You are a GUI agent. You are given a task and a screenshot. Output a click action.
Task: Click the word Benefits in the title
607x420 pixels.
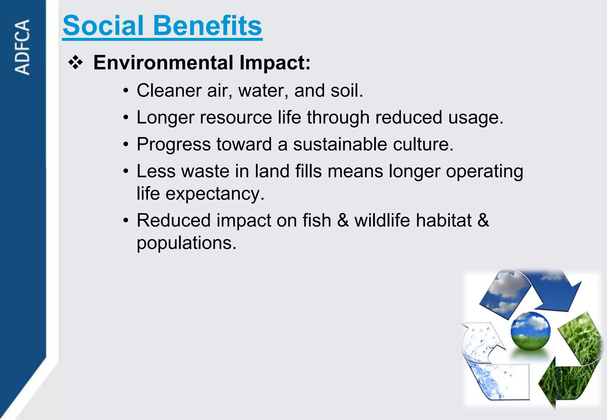(x=207, y=26)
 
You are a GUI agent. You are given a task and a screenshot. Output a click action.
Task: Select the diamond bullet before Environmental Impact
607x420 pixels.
(x=76, y=62)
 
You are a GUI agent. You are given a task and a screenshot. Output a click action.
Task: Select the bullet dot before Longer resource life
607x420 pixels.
(x=126, y=118)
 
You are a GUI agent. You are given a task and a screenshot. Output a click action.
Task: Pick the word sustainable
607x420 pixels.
(x=340, y=144)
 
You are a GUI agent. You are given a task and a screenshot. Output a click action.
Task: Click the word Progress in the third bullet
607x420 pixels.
(x=174, y=144)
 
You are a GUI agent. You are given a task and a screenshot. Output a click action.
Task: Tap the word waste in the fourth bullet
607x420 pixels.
(x=205, y=171)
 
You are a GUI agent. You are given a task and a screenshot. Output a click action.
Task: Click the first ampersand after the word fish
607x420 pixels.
(x=343, y=221)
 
